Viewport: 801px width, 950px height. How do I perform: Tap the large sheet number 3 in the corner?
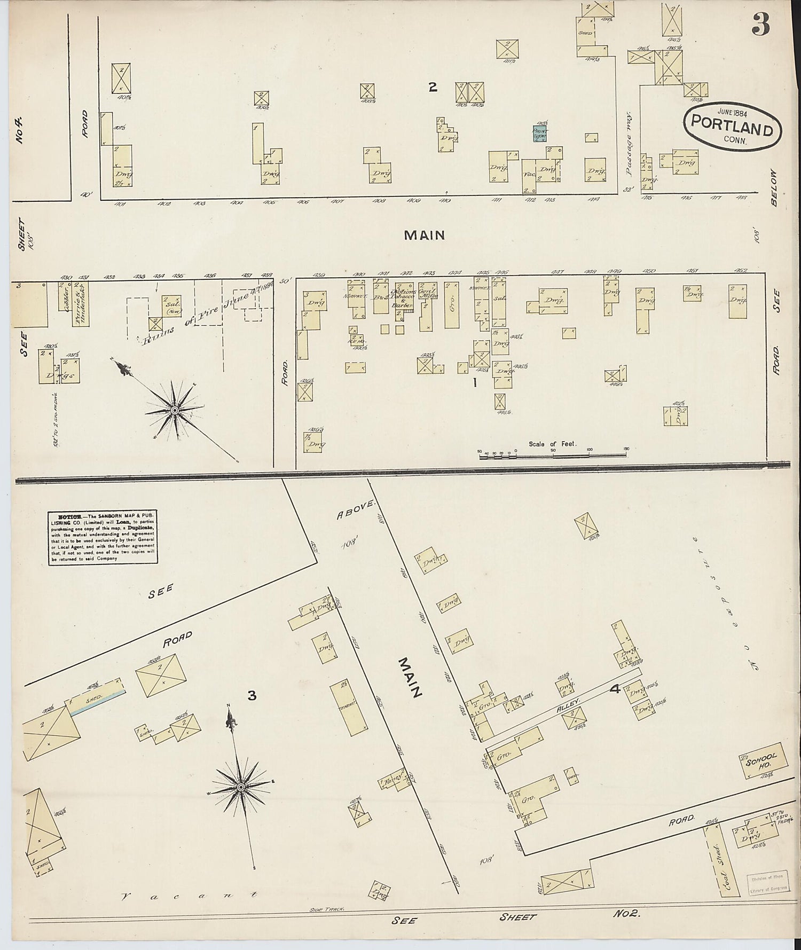(x=761, y=23)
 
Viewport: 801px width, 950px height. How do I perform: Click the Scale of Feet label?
(x=552, y=444)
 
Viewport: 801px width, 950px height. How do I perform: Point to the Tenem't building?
(x=348, y=705)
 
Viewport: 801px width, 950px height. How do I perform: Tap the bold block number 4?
(x=615, y=689)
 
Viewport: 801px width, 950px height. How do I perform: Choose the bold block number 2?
(x=433, y=87)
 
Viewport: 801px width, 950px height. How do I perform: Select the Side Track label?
(x=325, y=908)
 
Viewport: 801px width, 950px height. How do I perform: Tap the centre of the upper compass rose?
(x=174, y=410)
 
